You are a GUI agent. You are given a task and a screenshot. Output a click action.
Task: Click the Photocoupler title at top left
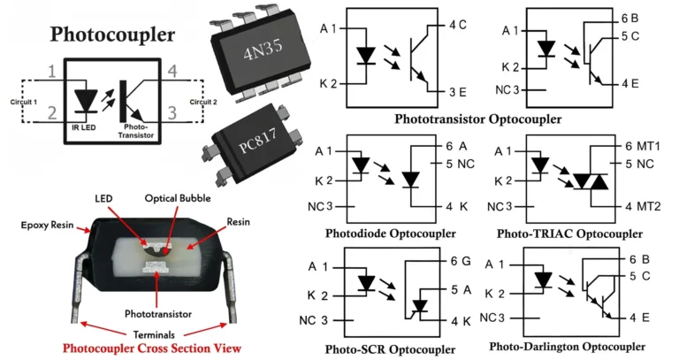click(112, 34)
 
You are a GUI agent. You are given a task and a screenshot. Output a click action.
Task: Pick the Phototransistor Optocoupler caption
click(478, 118)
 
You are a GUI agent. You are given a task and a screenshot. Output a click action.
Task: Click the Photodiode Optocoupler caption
click(390, 234)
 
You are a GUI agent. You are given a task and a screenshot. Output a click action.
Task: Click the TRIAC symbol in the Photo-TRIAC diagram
click(589, 181)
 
